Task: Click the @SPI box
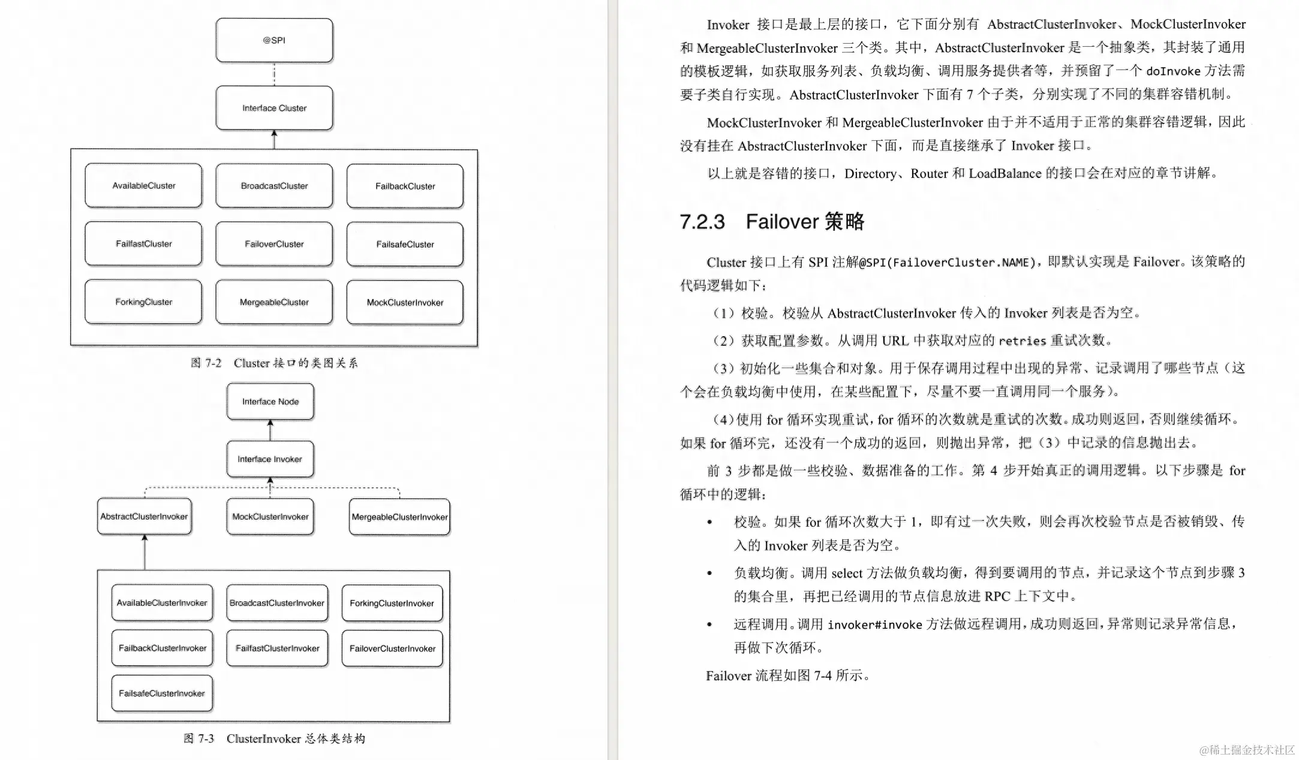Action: click(274, 40)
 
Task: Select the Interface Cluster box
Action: click(274, 108)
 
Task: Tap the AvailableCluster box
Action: click(143, 186)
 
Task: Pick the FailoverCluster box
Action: click(274, 244)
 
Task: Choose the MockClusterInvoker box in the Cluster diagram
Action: click(405, 303)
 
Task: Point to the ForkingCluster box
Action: click(143, 302)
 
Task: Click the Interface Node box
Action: click(270, 402)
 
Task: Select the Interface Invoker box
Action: click(270, 459)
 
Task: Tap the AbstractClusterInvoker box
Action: click(144, 517)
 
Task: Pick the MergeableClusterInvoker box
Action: click(399, 517)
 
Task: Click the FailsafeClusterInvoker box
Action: click(162, 693)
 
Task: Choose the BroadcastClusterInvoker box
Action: click(277, 603)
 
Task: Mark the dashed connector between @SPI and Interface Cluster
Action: click(274, 74)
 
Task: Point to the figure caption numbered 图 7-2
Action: click(274, 363)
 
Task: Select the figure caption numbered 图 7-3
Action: click(274, 738)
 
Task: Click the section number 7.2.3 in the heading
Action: click(702, 222)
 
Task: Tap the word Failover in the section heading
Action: click(781, 222)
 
